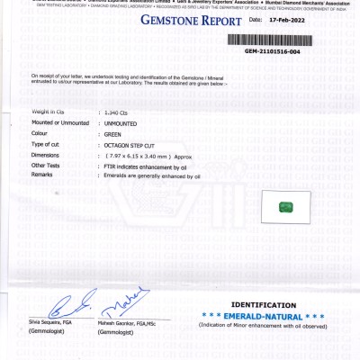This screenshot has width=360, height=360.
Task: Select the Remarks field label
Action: tap(44, 175)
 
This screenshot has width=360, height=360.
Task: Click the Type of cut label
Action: tap(49, 144)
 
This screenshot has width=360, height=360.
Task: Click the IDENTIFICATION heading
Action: tap(263, 306)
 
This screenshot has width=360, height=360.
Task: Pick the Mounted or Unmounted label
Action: tap(60, 122)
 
